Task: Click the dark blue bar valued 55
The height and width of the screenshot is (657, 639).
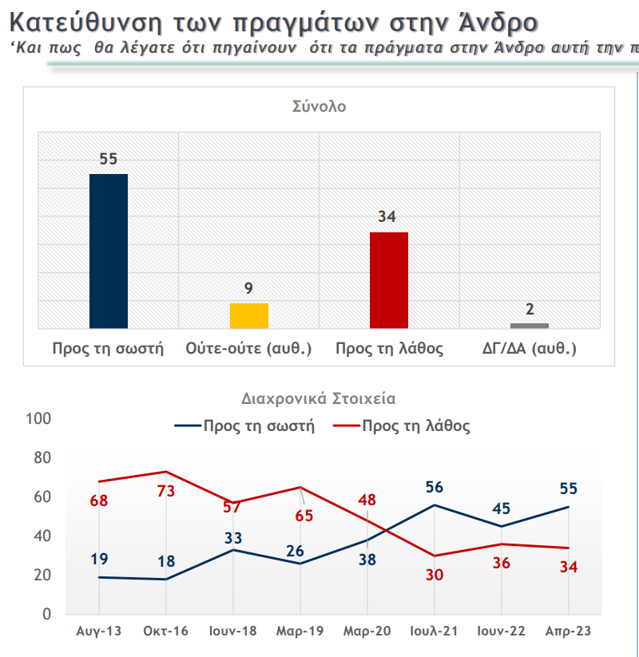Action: (109, 251)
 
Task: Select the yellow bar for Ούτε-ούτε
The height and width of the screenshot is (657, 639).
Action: (249, 315)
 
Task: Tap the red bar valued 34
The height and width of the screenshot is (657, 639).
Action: (389, 279)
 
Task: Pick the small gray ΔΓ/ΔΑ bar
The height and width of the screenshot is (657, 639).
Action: (530, 326)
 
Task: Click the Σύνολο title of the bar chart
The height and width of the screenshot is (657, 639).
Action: (319, 105)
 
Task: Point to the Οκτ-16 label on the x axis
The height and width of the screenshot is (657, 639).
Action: (166, 631)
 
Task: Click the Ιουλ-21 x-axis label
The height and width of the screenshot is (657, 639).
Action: (435, 631)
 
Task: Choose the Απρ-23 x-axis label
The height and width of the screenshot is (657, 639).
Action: (569, 631)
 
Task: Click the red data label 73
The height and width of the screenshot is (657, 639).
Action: (166, 491)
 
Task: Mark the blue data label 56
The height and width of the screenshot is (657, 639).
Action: (435, 487)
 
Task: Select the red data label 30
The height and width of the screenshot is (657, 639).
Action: (435, 575)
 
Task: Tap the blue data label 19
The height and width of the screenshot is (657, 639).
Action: (99, 559)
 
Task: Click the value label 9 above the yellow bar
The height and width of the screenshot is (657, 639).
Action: (249, 288)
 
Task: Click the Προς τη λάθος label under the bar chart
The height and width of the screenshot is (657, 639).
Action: (389, 349)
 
